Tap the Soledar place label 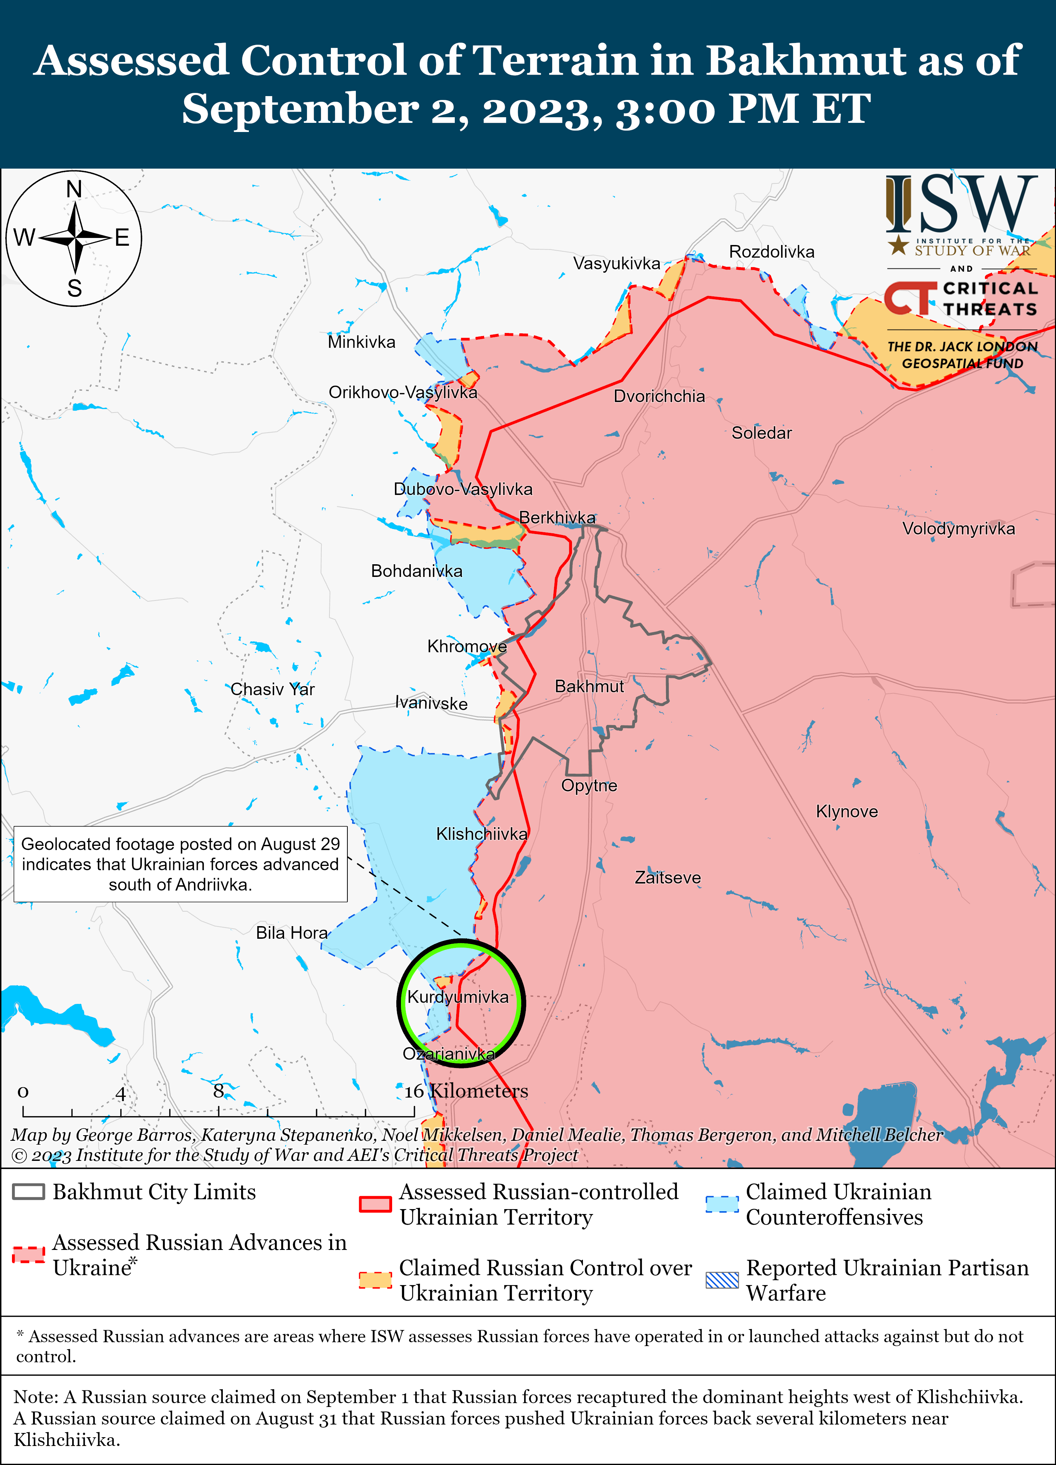tap(761, 433)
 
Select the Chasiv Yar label tap(272, 689)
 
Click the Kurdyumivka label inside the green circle tap(458, 997)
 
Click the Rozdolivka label tap(772, 252)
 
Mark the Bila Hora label tap(292, 933)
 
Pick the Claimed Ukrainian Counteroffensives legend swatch tap(722, 1205)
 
